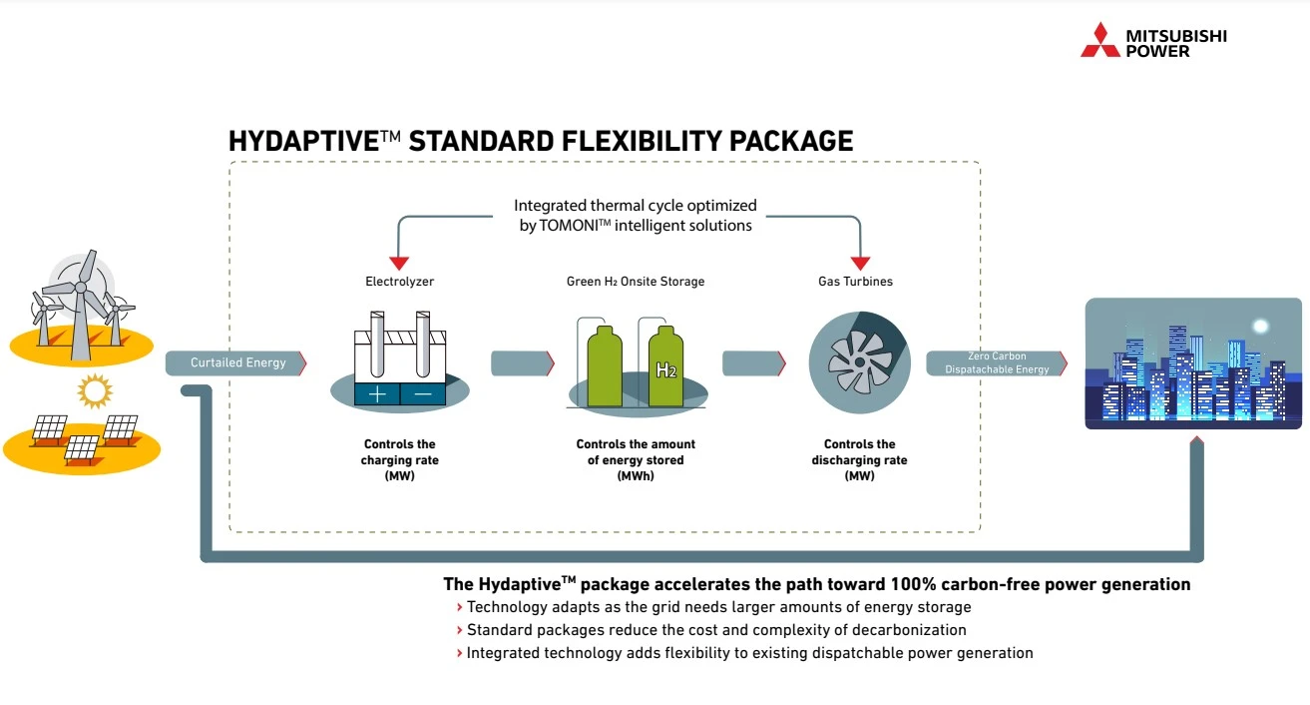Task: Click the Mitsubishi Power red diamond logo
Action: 1100,40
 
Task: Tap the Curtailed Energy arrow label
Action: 237,362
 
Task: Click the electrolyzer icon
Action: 399,364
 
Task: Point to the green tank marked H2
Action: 665,366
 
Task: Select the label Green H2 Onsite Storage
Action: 636,282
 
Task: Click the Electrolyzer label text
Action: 399,282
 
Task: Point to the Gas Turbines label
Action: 855,282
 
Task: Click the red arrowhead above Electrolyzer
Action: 399,262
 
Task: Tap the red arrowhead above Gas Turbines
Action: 859,262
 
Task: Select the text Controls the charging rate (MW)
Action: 399,460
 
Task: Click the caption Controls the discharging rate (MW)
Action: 859,460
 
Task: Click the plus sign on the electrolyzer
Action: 377,393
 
